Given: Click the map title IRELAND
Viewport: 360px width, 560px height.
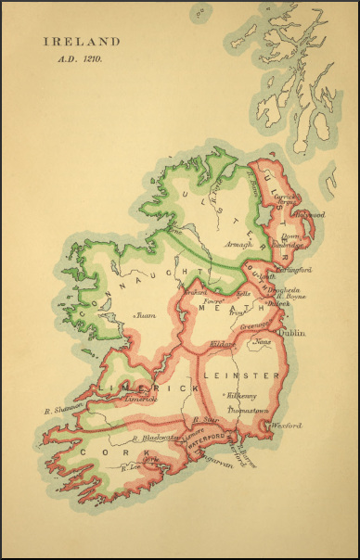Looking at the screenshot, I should (80, 42).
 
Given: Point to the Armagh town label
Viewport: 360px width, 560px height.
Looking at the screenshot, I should (239, 245).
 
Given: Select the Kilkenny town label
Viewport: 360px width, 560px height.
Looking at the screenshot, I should (244, 395).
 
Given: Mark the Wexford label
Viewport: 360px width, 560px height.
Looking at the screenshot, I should (288, 426).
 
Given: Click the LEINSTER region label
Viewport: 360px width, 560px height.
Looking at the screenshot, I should (253, 375).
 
